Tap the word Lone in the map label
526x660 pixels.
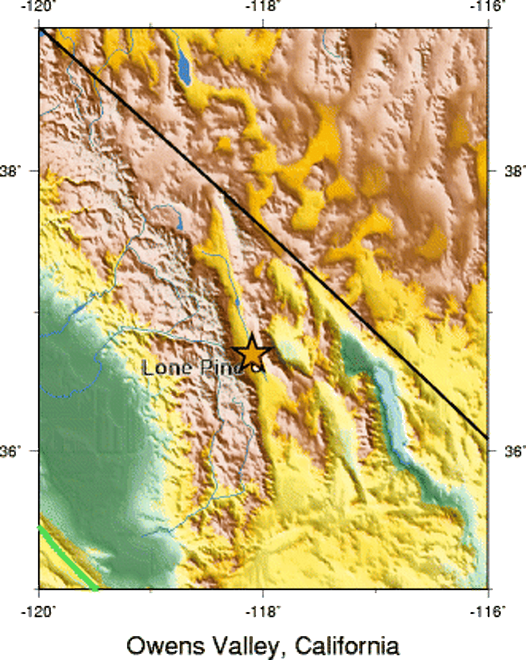coord(166,367)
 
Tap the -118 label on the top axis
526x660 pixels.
coord(262,7)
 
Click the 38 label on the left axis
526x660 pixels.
coord(10,171)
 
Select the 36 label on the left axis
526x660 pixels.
coord(10,451)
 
